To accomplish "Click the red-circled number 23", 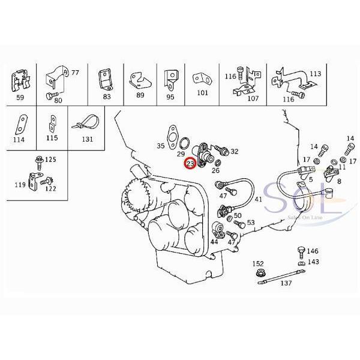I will (x=190, y=163).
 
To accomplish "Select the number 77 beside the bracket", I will (x=75, y=73).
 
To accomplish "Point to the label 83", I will (x=107, y=95).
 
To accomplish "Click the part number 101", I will (x=202, y=93).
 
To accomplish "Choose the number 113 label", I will (x=316, y=74).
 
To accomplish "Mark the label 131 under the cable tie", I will (x=88, y=140).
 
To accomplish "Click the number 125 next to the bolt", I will (x=50, y=160).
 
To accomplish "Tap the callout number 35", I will (x=161, y=146).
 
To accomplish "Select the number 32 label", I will (x=234, y=152).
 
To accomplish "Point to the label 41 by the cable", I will (x=259, y=199).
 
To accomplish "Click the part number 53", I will (x=250, y=223).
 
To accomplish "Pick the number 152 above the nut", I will (x=258, y=264).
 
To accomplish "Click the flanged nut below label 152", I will (x=260, y=275).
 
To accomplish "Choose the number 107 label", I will (x=253, y=98).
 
